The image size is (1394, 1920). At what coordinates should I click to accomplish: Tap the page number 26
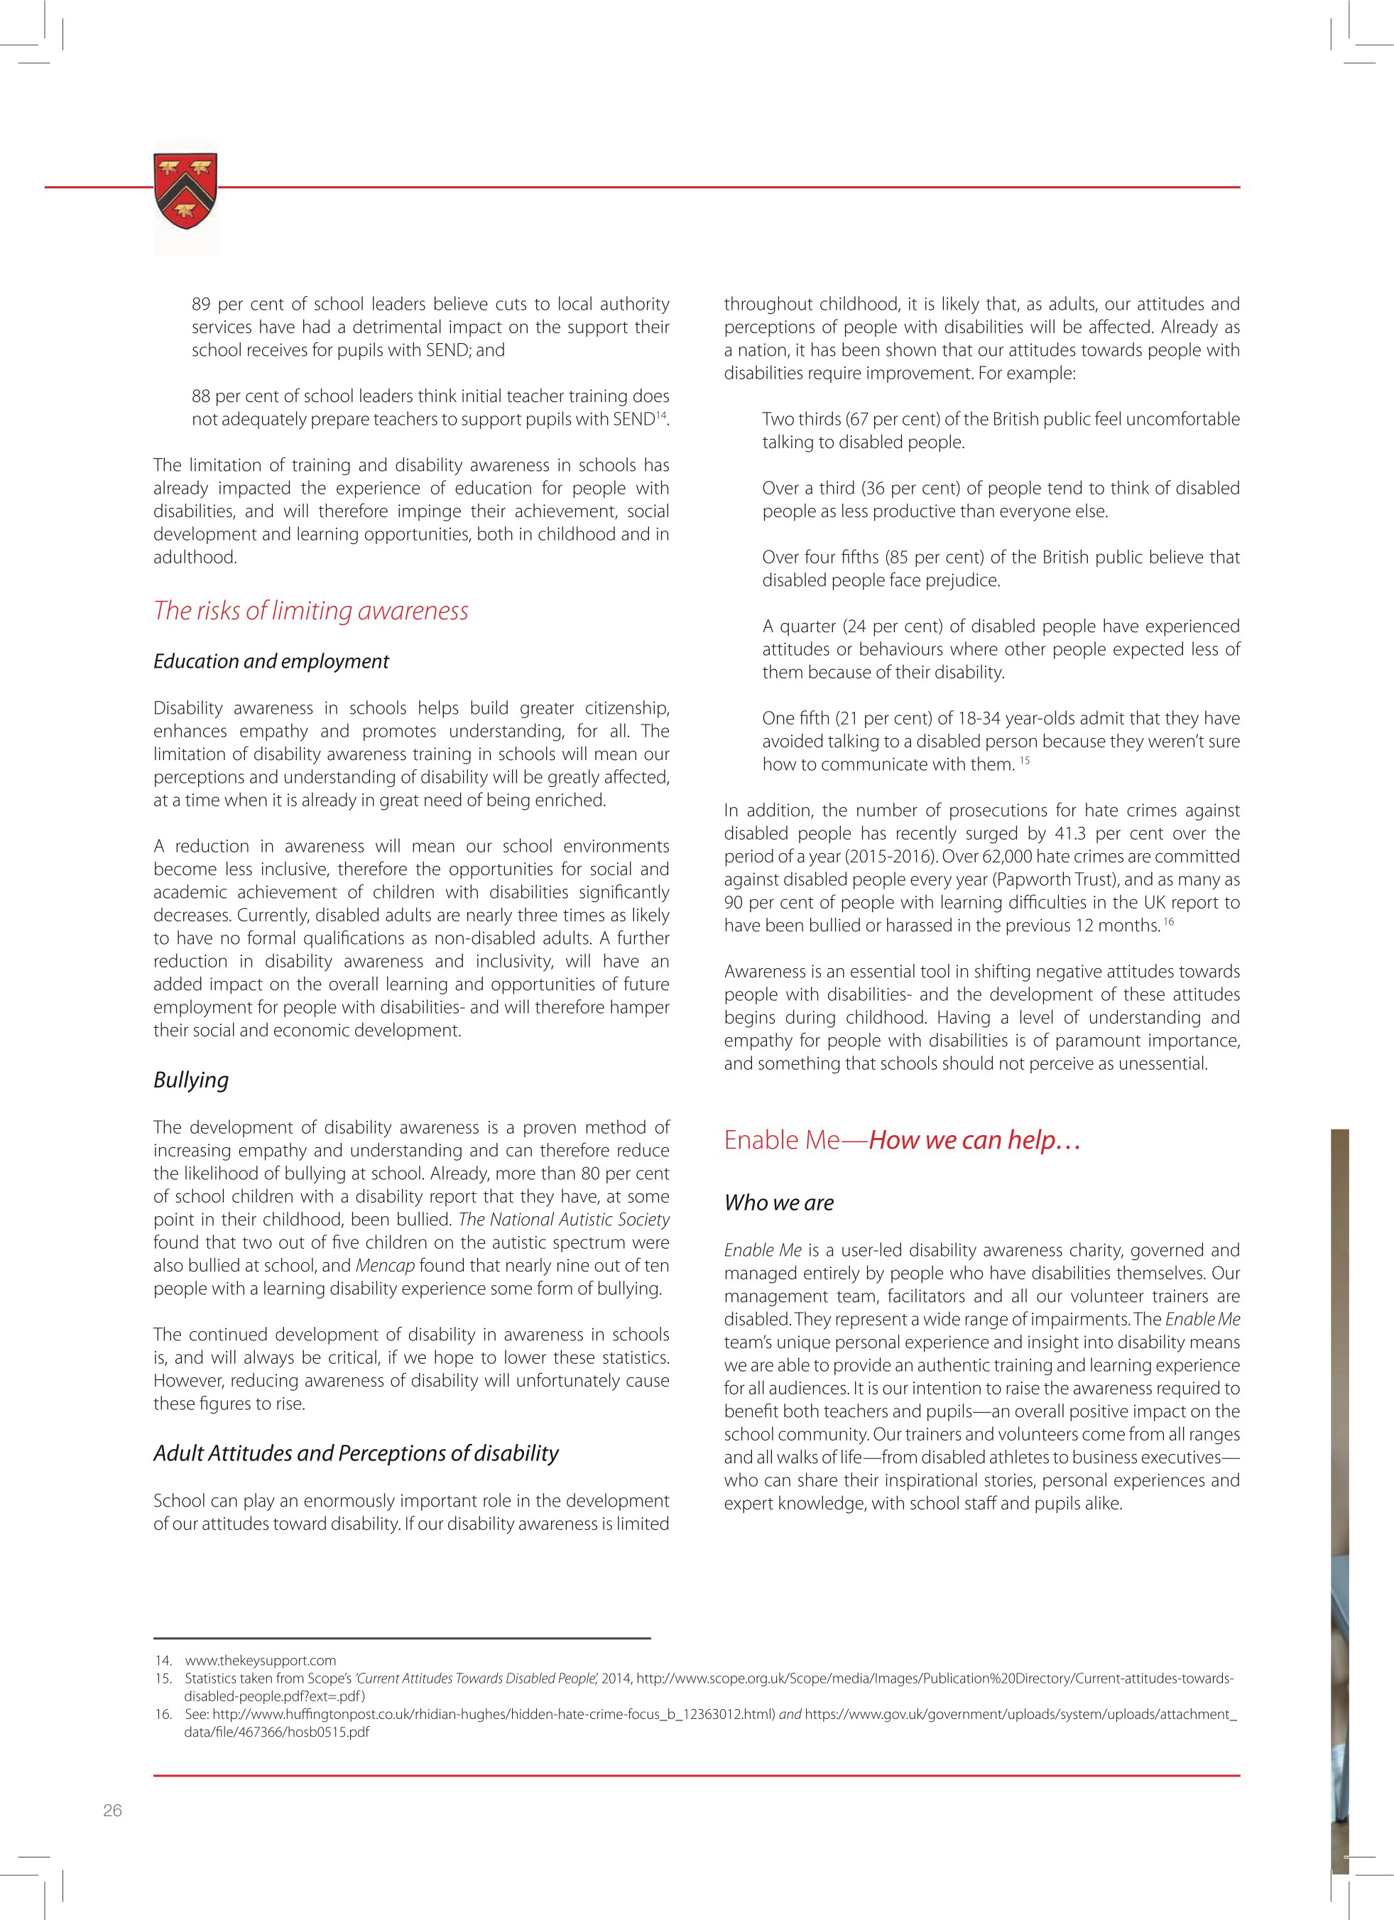click(113, 1810)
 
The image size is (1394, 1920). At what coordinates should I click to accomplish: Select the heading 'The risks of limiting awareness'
click(310, 610)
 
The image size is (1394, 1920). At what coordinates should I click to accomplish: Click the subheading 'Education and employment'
click(271, 661)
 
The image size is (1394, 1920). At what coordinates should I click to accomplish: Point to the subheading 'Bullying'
click(191, 1080)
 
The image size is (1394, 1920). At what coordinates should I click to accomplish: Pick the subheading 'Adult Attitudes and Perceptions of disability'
click(356, 1453)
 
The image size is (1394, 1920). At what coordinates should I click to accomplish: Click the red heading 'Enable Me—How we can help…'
click(903, 1140)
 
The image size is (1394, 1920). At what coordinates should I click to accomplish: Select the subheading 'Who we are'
click(779, 1203)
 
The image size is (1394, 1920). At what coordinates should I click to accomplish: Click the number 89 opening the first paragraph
click(202, 304)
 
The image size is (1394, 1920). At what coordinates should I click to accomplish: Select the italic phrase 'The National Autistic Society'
click(564, 1220)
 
